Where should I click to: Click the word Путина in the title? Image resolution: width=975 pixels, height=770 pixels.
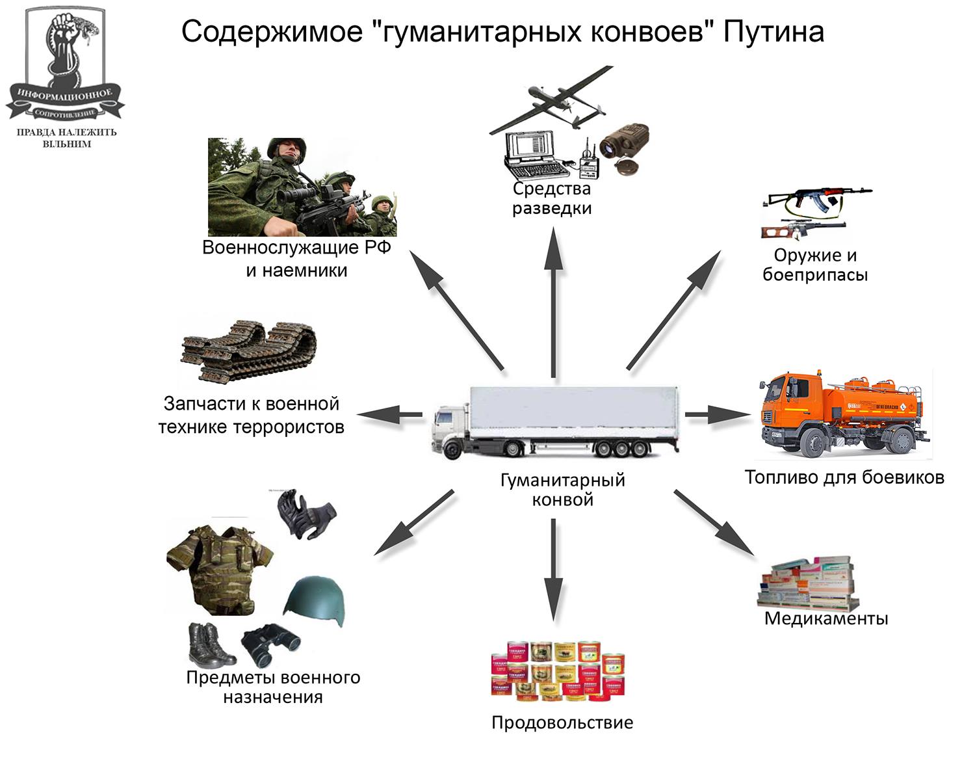click(773, 31)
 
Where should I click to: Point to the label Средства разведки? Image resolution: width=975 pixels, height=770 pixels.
click(552, 198)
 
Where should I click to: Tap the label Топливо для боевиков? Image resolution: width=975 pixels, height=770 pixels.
click(844, 477)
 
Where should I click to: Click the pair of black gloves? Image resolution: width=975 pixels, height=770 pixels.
click(305, 514)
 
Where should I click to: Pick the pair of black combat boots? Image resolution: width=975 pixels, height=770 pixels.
click(209, 646)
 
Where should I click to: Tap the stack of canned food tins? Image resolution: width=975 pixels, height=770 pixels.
click(557, 670)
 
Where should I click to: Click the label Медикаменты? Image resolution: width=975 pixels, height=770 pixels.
click(825, 618)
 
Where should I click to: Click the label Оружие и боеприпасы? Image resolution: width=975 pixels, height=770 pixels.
click(815, 264)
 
